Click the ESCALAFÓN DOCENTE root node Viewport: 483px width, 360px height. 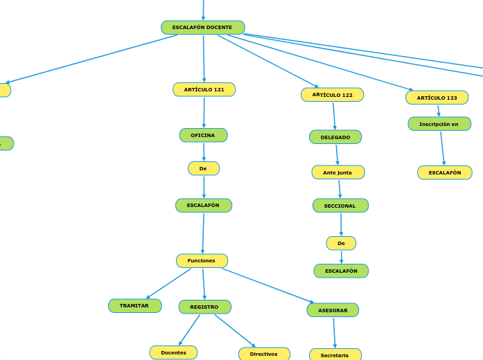pyautogui.click(x=202, y=28)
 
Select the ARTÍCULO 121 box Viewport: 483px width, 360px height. pyautogui.click(x=204, y=89)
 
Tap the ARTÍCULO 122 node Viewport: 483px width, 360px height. pyautogui.click(x=332, y=95)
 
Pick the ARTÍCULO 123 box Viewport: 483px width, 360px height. pyautogui.click(x=437, y=98)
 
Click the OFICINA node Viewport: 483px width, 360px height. pyautogui.click(x=203, y=135)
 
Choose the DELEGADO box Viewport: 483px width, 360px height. pyautogui.click(x=335, y=137)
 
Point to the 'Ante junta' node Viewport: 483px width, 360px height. pyautogui.click(x=337, y=172)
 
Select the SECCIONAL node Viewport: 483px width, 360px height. pyautogui.click(x=340, y=206)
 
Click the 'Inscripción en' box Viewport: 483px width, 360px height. pyautogui.click(x=439, y=124)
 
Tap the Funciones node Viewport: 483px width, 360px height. pyautogui.click(x=202, y=260)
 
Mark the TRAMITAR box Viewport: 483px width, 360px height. pyautogui.click(x=134, y=305)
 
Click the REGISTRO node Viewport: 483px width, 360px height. pyautogui.click(x=204, y=307)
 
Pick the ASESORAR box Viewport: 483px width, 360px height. pyautogui.click(x=333, y=310)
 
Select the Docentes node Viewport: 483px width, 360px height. pyautogui.click(x=173, y=352)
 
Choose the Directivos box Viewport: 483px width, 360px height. pyautogui.click(x=264, y=354)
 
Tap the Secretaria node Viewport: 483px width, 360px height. pyautogui.click(x=335, y=354)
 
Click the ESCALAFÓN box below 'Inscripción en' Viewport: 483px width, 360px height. pyautogui.click(x=444, y=172)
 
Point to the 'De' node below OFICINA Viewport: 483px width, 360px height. pyautogui.click(x=203, y=168)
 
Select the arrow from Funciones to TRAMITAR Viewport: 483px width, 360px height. pyautogui.click(x=168, y=284)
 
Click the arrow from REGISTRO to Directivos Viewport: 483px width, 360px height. pyautogui.click(x=235, y=331)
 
